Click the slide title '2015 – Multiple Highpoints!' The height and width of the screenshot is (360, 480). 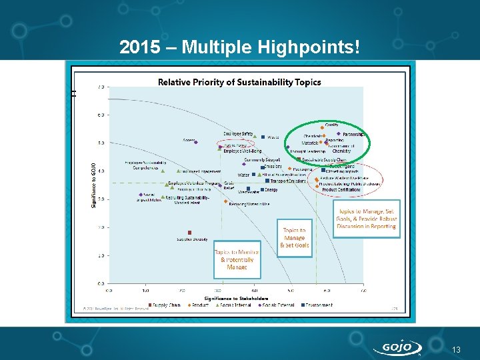(240, 47)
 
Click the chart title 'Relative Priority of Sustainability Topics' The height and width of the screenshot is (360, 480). (239, 83)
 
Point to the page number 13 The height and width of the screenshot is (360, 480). (456, 350)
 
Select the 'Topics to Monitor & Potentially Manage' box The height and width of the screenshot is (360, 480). (237, 259)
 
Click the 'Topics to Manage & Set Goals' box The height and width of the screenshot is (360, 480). (295, 237)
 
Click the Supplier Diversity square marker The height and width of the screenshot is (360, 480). (189, 233)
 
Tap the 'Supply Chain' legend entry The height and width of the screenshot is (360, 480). (165, 305)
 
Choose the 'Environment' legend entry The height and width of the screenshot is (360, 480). (318, 305)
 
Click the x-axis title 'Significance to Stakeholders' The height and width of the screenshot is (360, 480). (236, 297)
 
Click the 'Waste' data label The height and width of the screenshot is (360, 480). (273, 137)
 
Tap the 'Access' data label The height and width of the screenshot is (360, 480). (189, 140)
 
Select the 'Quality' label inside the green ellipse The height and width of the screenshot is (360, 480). (331, 125)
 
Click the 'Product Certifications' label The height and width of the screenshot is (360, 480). (341, 190)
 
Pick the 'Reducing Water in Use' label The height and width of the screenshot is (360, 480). (249, 203)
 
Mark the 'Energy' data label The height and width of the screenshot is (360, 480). (271, 189)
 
